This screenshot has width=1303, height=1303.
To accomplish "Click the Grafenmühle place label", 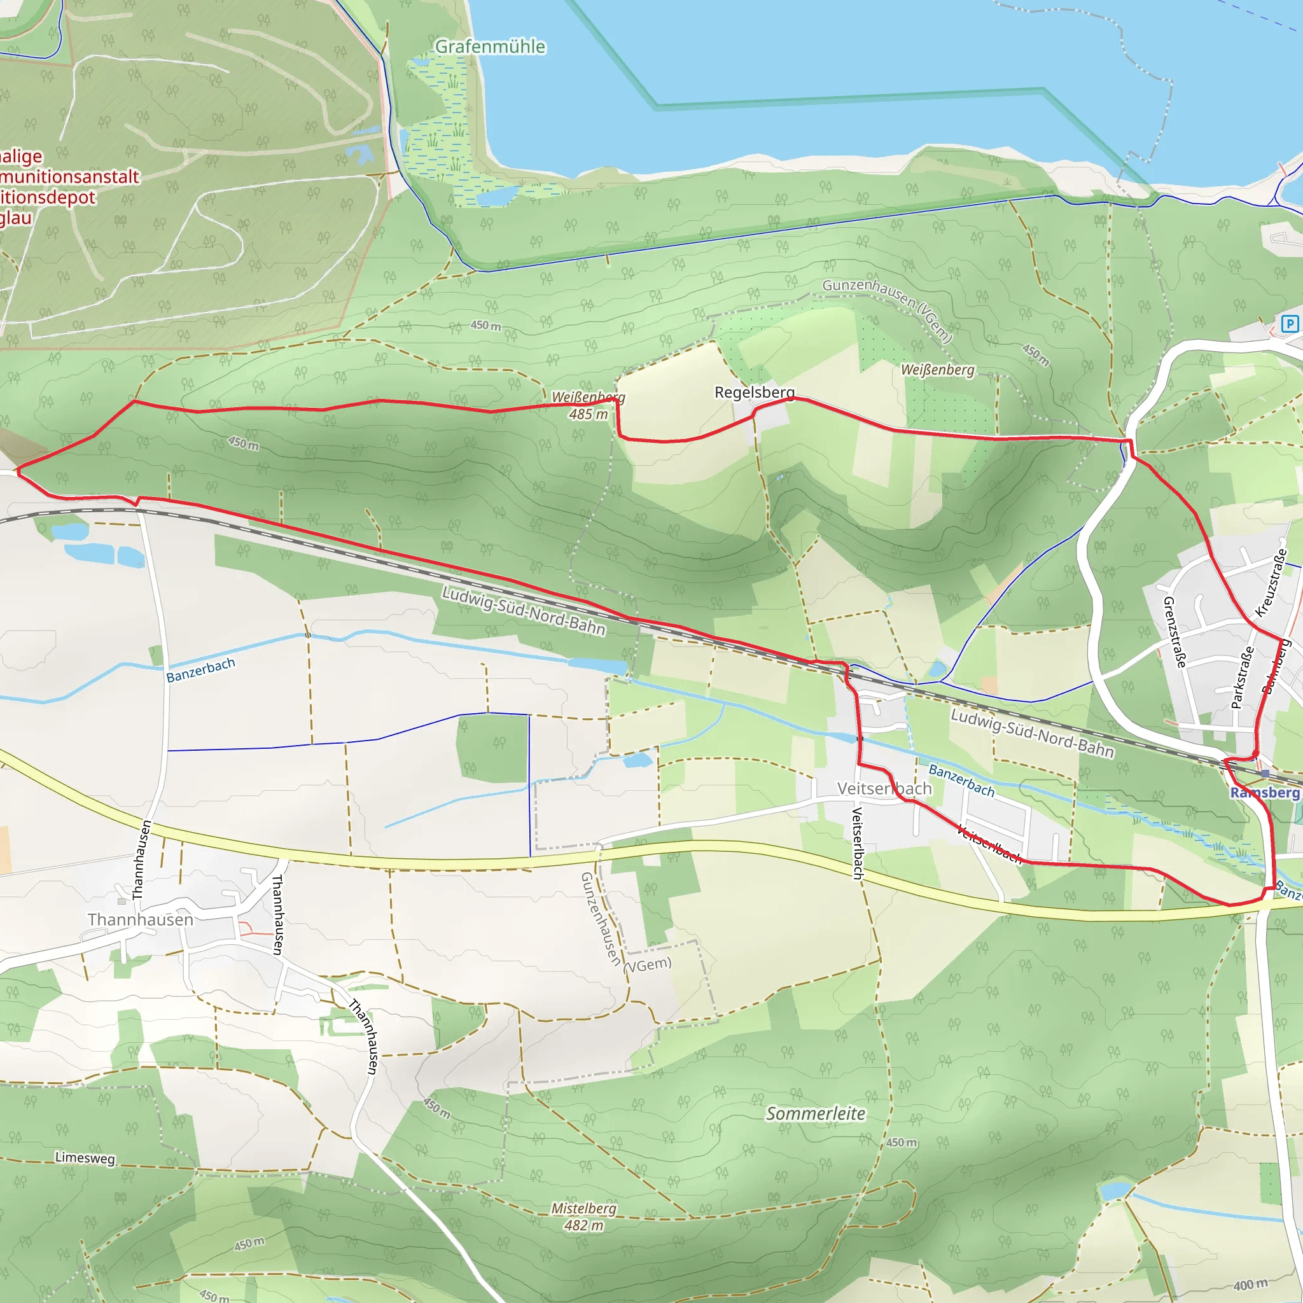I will point(490,46).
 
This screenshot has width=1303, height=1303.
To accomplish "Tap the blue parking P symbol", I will point(1290,324).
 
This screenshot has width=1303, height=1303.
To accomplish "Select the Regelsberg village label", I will point(754,392).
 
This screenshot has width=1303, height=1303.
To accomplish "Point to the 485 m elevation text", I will point(588,414).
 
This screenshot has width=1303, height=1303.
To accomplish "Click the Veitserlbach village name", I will point(884,788).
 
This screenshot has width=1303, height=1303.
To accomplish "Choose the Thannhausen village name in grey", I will point(140,919).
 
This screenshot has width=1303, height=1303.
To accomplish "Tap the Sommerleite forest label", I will point(816,1113).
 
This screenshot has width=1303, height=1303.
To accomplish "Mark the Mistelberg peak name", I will point(583,1208).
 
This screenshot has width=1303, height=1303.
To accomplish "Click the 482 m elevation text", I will point(583,1225).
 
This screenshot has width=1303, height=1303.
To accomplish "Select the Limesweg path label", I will point(85,1158).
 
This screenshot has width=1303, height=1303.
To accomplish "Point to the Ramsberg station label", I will point(1264,793).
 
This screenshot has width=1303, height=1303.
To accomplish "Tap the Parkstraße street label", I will point(1242,677).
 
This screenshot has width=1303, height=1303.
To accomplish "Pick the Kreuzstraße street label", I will point(1271,583).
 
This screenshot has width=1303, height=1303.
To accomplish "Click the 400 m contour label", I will point(1250,1285).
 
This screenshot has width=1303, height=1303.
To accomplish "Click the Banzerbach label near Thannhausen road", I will point(200,670).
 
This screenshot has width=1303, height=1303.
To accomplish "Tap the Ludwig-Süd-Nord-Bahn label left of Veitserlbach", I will point(524,610).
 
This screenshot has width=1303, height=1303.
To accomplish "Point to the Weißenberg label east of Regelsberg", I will point(937,370).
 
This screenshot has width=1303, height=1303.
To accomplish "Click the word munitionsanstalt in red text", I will point(69,177).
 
